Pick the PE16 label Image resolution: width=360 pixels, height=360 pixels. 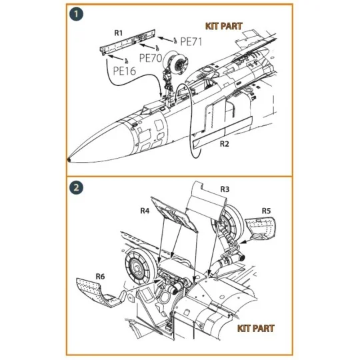124,69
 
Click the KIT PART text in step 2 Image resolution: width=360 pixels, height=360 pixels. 255,328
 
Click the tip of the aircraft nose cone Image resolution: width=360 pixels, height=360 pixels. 71,160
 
